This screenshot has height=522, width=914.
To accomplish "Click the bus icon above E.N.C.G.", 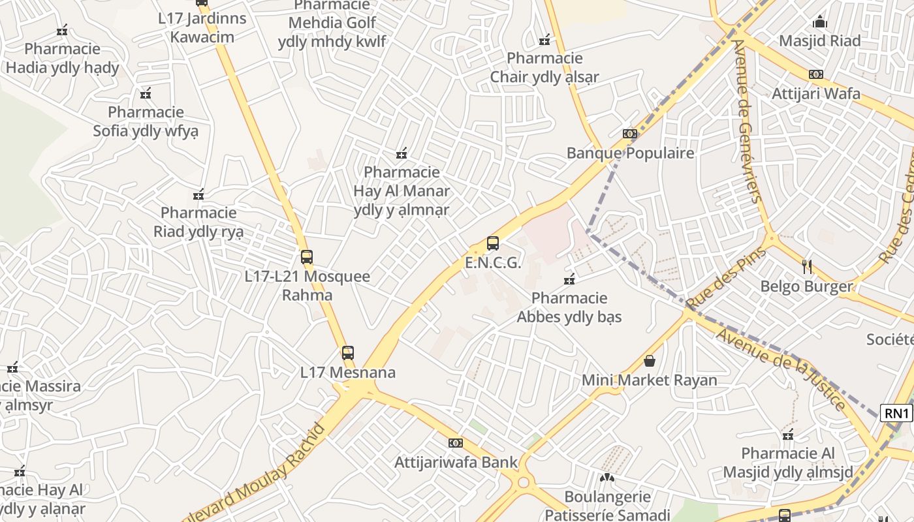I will (493, 244).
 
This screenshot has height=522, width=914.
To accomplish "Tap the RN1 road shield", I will (896, 413).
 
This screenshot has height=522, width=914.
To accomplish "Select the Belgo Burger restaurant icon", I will (807, 266).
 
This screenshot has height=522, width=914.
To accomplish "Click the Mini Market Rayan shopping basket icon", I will (650, 361).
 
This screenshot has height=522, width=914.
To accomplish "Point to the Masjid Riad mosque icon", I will (820, 22).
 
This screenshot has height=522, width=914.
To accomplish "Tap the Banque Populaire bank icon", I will (629, 134).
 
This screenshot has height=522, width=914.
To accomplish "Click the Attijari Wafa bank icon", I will (815, 74).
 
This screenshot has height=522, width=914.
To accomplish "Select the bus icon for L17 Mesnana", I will (348, 353).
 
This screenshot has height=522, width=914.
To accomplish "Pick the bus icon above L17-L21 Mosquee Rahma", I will (307, 257).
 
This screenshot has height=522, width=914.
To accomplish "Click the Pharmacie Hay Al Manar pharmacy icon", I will (402, 153).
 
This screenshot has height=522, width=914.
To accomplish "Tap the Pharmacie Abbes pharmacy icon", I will (569, 279).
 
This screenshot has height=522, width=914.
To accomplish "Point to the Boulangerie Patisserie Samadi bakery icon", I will (607, 478).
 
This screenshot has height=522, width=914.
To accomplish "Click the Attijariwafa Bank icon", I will (456, 443).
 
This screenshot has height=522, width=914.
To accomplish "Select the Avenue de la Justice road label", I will (781, 369).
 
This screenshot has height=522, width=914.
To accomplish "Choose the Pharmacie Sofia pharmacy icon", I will (146, 93).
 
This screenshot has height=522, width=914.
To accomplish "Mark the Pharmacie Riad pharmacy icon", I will (198, 194).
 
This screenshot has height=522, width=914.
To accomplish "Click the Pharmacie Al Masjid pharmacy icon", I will (788, 435).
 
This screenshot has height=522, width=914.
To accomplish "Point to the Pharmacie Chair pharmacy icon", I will (544, 40).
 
